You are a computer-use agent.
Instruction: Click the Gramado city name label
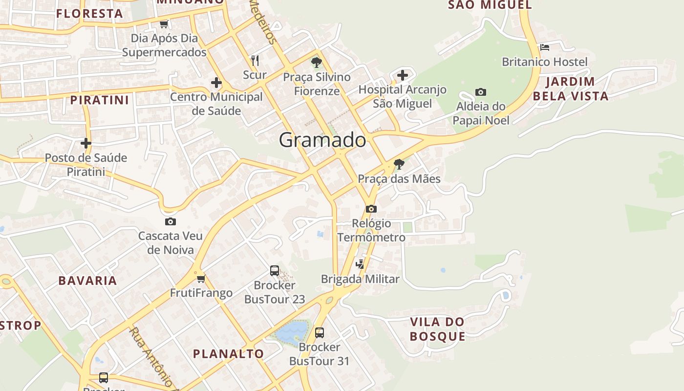pyautogui.click(x=322, y=140)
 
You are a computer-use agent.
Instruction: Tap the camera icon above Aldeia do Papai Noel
pyautogui.click(x=481, y=92)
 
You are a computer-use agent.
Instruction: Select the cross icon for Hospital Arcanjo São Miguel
pyautogui.click(x=402, y=75)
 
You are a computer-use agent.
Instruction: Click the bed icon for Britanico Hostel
pyautogui.click(x=545, y=47)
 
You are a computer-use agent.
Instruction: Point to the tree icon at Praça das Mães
pyautogui.click(x=399, y=164)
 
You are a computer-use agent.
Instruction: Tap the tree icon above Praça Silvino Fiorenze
pyautogui.click(x=317, y=62)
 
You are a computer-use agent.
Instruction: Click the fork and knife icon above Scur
pyautogui.click(x=255, y=60)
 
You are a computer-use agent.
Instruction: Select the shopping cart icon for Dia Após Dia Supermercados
pyautogui.click(x=164, y=23)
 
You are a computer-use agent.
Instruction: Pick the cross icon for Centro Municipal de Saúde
pyautogui.click(x=216, y=83)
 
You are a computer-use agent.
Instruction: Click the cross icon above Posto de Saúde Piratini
pyautogui.click(x=86, y=143)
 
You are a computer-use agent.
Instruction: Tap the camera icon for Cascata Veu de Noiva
pyautogui.click(x=170, y=221)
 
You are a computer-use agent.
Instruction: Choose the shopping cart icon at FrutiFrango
pyautogui.click(x=201, y=279)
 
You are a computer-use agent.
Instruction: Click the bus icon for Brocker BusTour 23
pyautogui.click(x=275, y=270)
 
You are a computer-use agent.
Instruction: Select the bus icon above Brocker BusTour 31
pyautogui.click(x=320, y=332)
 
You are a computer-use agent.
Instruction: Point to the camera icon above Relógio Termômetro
pyautogui.click(x=371, y=209)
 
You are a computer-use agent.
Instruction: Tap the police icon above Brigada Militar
pyautogui.click(x=360, y=264)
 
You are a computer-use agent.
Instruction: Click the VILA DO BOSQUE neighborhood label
pyautogui.click(x=437, y=329)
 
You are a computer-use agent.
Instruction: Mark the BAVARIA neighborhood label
pyautogui.click(x=87, y=281)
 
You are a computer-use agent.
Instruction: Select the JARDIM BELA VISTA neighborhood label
pyautogui.click(x=571, y=88)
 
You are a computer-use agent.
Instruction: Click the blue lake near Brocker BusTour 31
pyautogui.click(x=291, y=332)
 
